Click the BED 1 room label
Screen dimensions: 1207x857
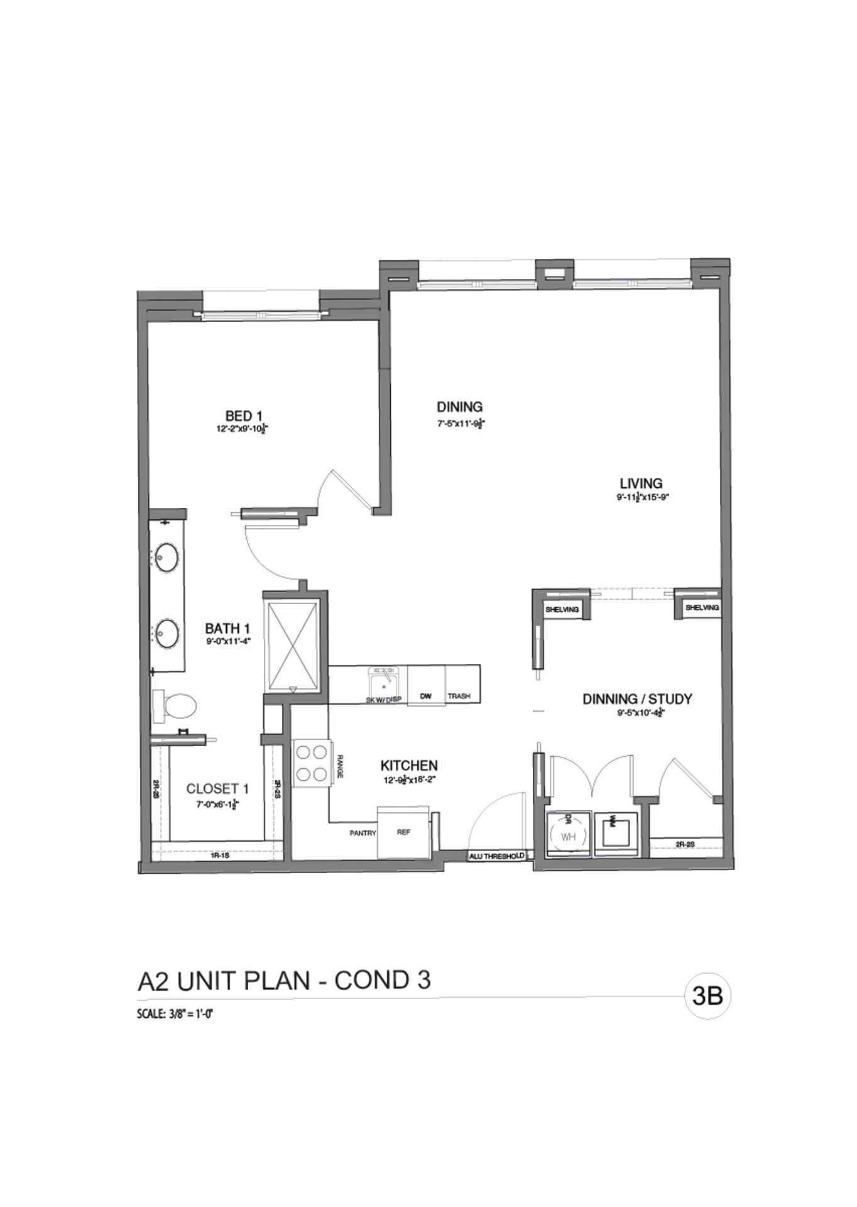pyautogui.click(x=243, y=416)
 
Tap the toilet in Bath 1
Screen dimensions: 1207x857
pyautogui.click(x=179, y=707)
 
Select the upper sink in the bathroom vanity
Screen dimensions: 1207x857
pyautogui.click(x=168, y=558)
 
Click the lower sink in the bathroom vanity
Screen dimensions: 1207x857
pyautogui.click(x=168, y=634)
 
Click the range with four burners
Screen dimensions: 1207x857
pyautogui.click(x=312, y=763)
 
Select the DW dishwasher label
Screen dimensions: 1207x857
pyautogui.click(x=425, y=697)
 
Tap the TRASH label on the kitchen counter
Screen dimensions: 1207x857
pyautogui.click(x=459, y=697)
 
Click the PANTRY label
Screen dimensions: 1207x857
pyautogui.click(x=363, y=833)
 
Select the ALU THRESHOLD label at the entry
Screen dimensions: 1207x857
pyautogui.click(x=496, y=856)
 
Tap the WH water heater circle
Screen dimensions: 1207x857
pyautogui.click(x=568, y=837)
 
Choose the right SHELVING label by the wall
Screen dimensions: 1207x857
pyautogui.click(x=702, y=608)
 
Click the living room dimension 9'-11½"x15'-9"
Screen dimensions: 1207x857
pyautogui.click(x=640, y=497)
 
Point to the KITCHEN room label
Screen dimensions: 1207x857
pyautogui.click(x=409, y=766)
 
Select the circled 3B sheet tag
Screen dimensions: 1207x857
pyautogui.click(x=707, y=996)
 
